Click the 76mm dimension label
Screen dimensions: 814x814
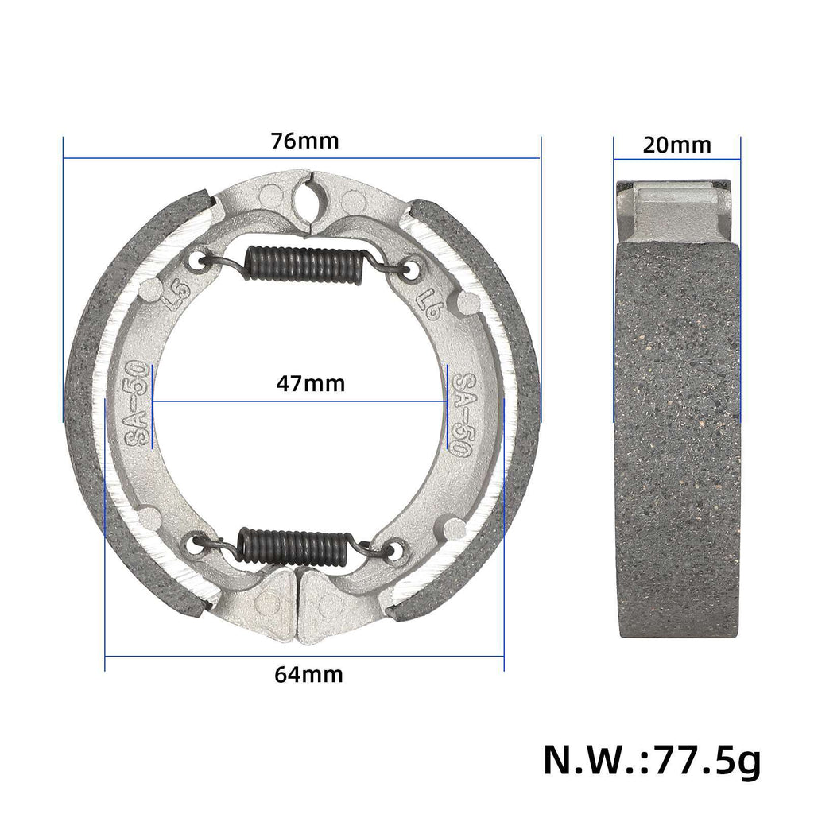pyautogui.click(x=304, y=141)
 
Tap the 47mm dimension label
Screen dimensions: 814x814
pyautogui.click(x=311, y=384)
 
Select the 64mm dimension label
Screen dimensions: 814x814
pyautogui.click(x=308, y=675)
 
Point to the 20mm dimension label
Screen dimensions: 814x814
pyautogui.click(x=677, y=145)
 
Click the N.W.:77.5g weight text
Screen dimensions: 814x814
pyautogui.click(x=652, y=761)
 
